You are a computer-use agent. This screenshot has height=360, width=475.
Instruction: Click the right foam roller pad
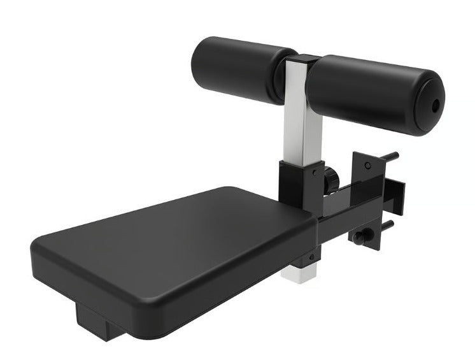click(369, 92)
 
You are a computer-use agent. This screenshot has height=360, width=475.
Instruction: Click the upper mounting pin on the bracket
click(390, 156)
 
